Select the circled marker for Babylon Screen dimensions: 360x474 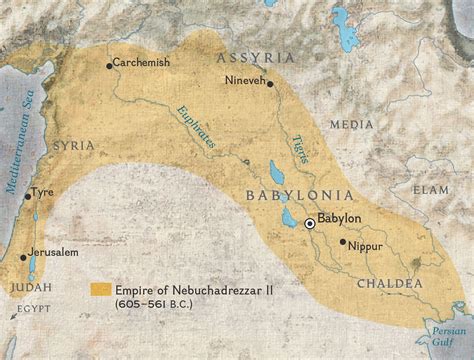pyautogui.click(x=310, y=225)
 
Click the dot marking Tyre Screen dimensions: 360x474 pyautogui.click(x=26, y=193)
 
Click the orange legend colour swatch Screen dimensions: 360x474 pyautogui.click(x=98, y=288)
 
